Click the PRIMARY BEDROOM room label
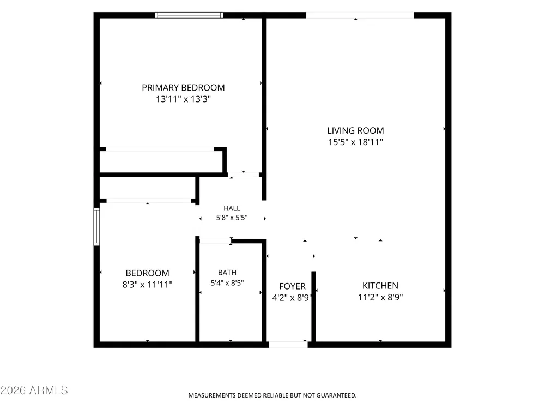point(183,88)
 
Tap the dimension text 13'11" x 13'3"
point(183,99)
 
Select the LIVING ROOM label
point(355,130)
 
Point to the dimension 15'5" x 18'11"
point(355,142)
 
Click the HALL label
point(232,208)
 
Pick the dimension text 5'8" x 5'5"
point(232,218)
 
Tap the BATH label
point(227,273)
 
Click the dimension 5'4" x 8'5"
point(227,283)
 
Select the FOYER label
point(292,286)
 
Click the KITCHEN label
point(380,286)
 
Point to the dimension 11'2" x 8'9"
point(380,297)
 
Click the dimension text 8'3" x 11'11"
point(147,285)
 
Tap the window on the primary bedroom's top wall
point(189,15)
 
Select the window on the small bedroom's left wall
point(96,227)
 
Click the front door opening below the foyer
point(288,345)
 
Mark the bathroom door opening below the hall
point(215,241)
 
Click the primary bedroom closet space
point(161,161)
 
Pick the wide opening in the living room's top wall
point(360,15)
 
